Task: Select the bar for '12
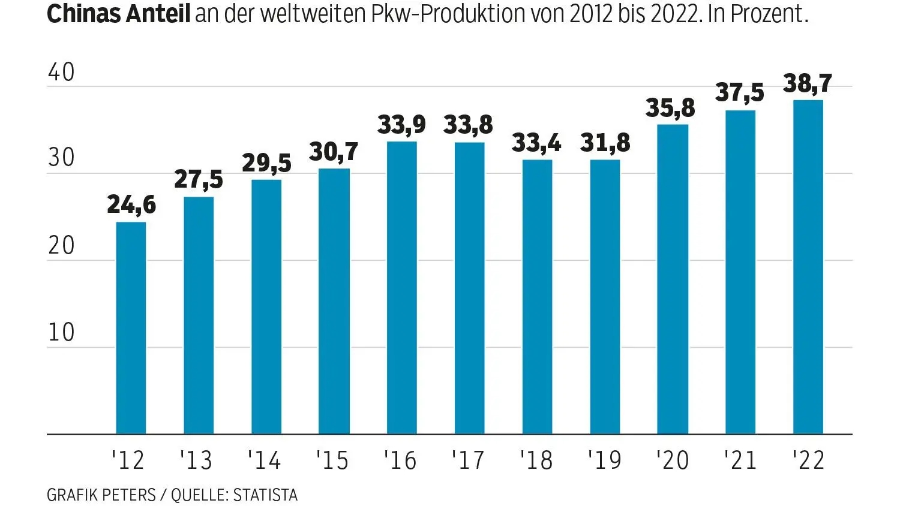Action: [131, 328]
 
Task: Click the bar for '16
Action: [402, 288]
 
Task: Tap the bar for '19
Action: [605, 297]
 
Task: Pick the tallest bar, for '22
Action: [808, 267]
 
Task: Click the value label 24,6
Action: [131, 205]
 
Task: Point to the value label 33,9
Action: [401, 125]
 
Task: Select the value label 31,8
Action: [605, 143]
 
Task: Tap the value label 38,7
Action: [808, 83]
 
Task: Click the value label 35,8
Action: [670, 108]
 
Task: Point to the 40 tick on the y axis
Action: [61, 73]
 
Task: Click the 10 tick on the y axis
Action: [61, 333]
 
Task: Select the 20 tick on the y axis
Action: [61, 246]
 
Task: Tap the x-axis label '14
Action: [264, 460]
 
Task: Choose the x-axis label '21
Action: [740, 460]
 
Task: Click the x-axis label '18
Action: [536, 460]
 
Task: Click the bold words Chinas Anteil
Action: [118, 13]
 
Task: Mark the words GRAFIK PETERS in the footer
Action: [101, 495]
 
